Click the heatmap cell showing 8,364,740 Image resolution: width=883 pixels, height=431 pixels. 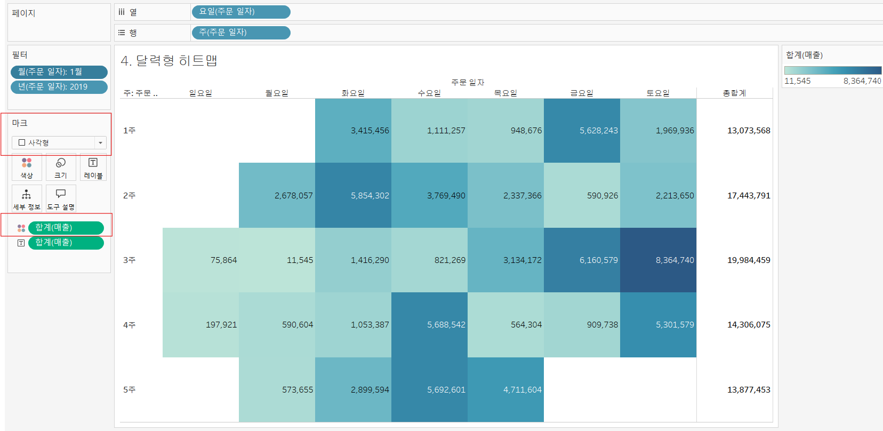point(658,260)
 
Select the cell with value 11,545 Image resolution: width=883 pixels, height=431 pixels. point(277,260)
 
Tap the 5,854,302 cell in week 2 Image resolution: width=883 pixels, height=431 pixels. point(353,195)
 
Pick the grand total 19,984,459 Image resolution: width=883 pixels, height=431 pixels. point(748,260)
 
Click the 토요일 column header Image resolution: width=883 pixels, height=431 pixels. point(658,93)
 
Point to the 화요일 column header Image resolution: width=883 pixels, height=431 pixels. point(353,93)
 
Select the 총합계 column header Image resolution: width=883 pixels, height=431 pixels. point(734,93)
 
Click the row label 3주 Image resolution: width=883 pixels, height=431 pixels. point(129,260)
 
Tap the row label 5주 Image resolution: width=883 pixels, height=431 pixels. point(129,389)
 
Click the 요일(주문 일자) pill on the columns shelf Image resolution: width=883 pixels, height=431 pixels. point(241,12)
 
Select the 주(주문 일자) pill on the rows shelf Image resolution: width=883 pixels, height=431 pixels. point(241,33)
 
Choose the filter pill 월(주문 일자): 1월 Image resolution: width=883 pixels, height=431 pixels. point(59,72)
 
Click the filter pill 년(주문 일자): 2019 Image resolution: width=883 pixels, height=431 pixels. point(59,87)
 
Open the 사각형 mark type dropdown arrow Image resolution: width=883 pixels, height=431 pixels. point(101,143)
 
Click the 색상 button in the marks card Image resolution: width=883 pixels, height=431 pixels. point(27,167)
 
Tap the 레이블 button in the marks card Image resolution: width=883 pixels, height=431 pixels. point(93,167)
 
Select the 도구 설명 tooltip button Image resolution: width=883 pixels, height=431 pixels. point(61,199)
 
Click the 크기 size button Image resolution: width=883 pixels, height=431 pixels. point(61,167)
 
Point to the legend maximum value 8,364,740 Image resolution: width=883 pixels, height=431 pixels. point(862,81)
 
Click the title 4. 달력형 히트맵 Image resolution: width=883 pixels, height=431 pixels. point(168,61)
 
